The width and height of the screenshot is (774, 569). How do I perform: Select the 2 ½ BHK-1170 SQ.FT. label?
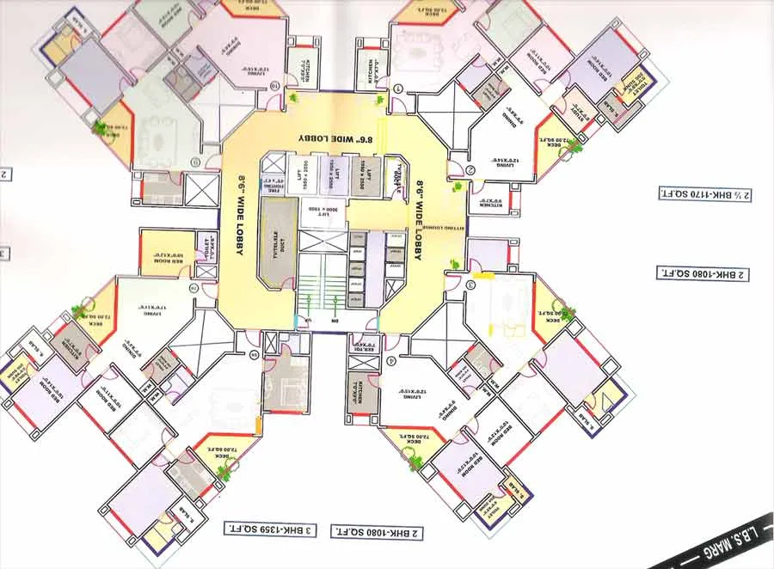tap(704, 194)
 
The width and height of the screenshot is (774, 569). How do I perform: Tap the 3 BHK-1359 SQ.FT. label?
tap(270, 529)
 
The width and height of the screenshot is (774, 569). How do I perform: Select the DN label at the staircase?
tap(335, 321)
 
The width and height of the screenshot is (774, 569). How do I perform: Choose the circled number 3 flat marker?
tap(470, 284)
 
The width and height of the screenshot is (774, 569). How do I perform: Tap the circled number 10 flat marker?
tap(274, 86)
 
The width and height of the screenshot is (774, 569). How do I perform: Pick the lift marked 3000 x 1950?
tap(321, 208)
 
